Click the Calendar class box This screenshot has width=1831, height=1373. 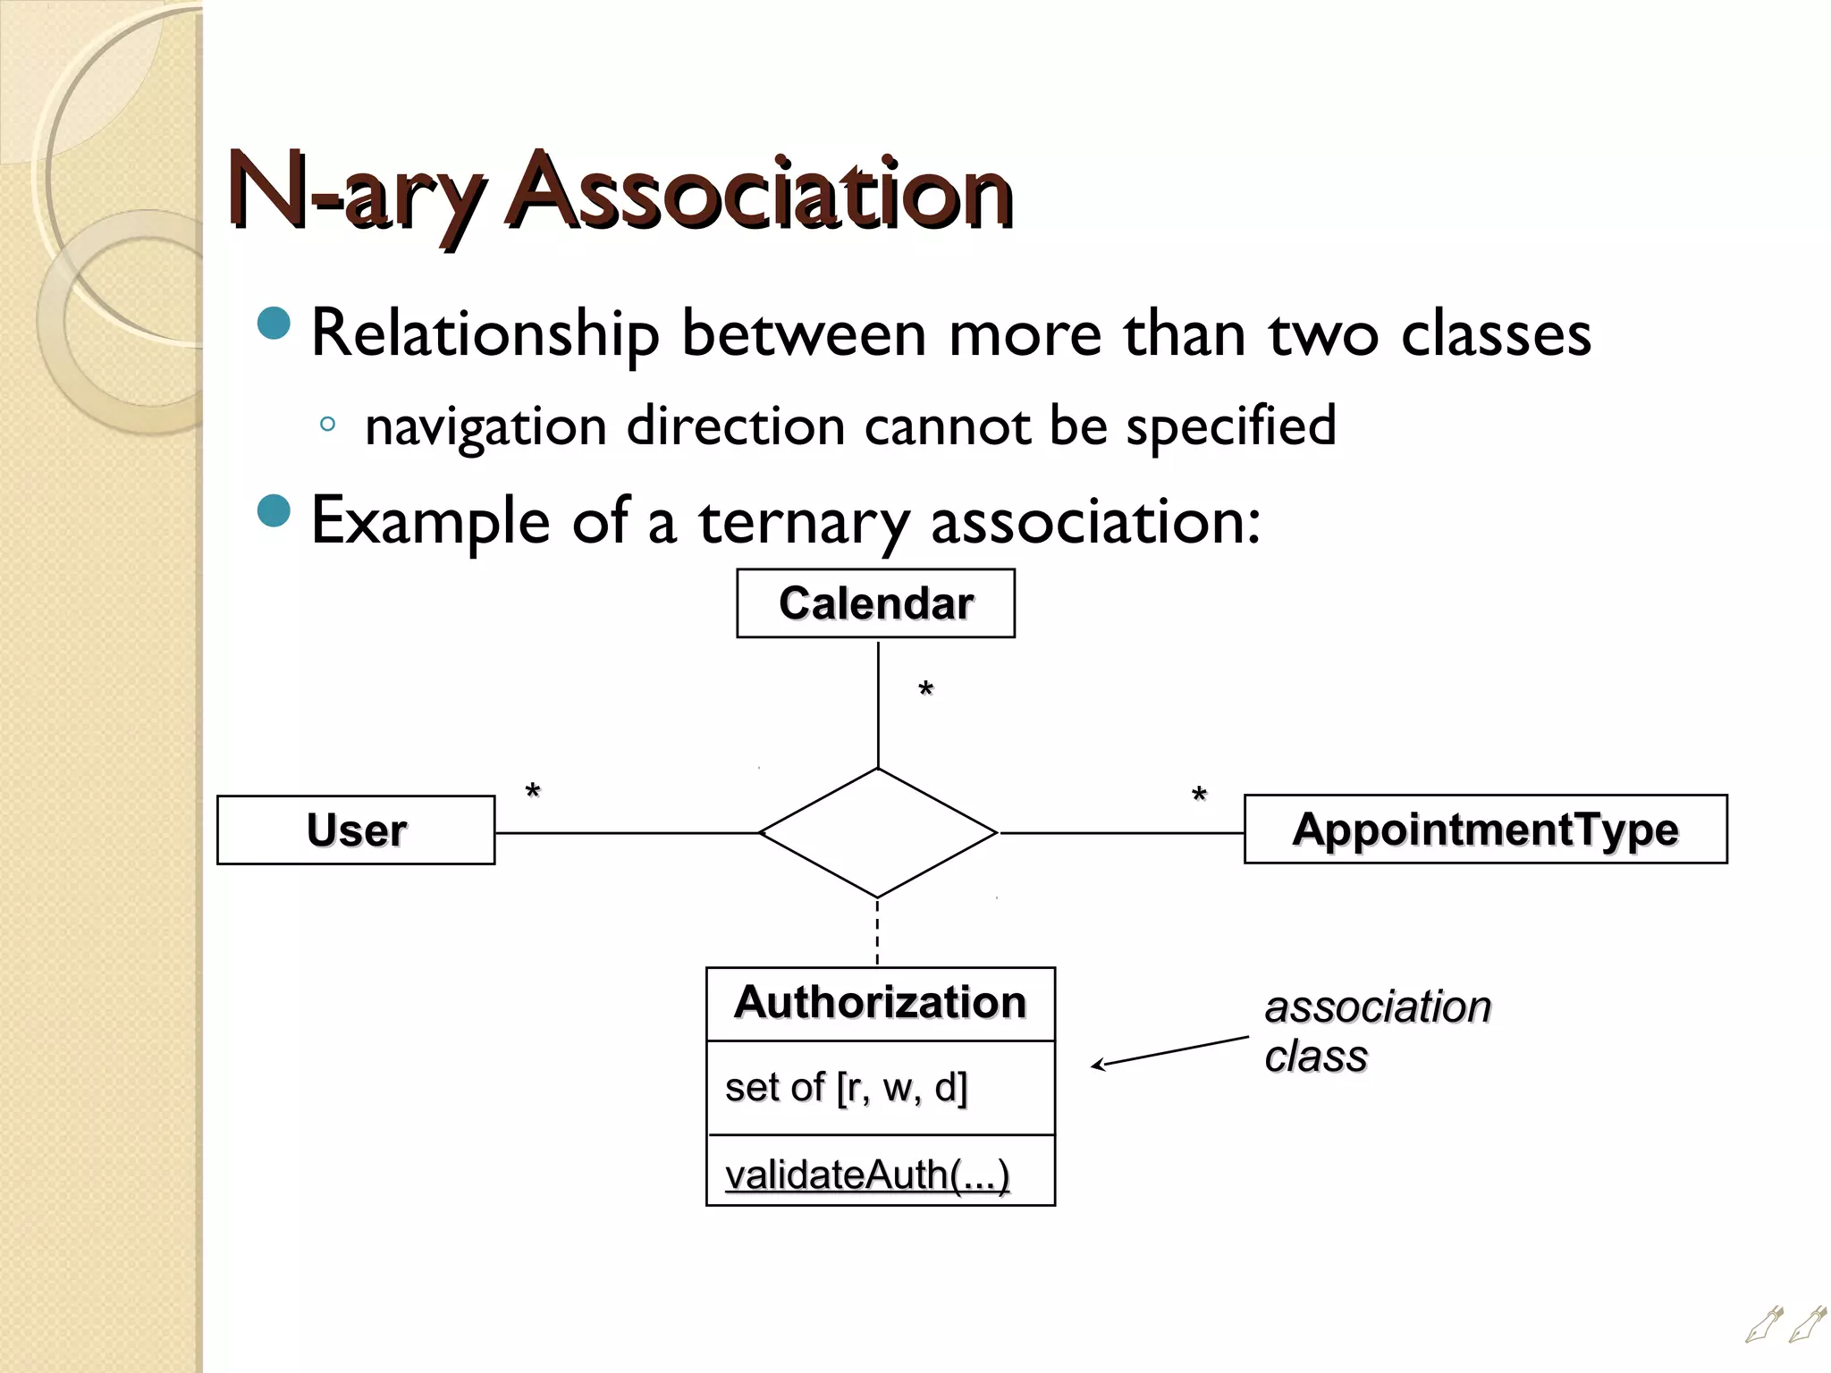point(875,603)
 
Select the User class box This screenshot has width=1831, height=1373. point(356,830)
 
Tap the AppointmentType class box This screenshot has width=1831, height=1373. point(1485,829)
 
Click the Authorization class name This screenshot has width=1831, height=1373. point(880,1002)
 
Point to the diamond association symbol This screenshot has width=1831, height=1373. point(877,832)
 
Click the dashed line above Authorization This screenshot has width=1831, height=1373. point(877,932)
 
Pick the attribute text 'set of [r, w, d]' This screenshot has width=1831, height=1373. point(846,1088)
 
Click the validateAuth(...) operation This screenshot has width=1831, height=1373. point(867,1175)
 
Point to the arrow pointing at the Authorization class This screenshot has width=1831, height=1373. point(1169,1051)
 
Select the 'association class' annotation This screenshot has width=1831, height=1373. point(1377,1031)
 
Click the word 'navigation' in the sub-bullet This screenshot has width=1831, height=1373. point(485,426)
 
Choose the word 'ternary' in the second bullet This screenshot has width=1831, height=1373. point(804,521)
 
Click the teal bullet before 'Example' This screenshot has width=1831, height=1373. point(274,511)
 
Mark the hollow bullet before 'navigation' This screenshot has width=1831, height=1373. point(327,425)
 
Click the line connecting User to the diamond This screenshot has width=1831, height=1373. point(626,833)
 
